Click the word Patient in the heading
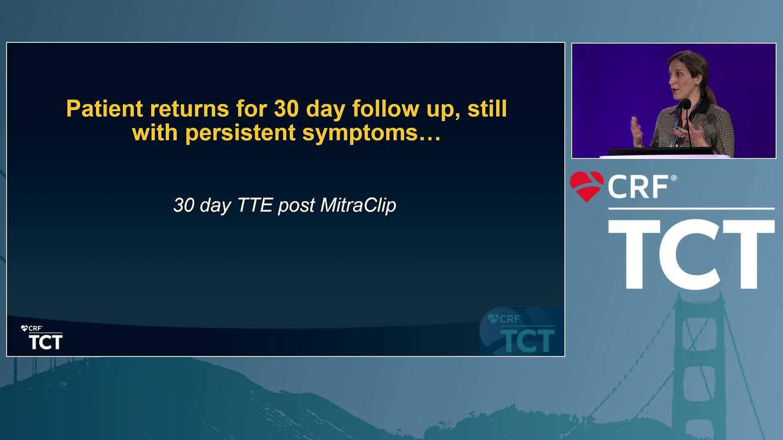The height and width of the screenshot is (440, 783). [105, 109]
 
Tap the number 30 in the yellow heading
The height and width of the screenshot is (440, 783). [286, 109]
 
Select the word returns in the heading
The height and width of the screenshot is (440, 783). [189, 109]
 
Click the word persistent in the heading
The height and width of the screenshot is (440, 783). [240, 133]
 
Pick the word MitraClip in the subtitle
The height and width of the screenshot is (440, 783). [358, 205]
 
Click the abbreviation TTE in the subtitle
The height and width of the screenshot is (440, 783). [255, 205]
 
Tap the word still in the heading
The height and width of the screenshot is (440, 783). [488, 109]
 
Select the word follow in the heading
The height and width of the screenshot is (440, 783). [385, 109]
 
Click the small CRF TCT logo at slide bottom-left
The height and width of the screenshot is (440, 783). [42, 337]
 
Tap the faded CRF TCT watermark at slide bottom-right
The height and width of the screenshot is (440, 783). [521, 332]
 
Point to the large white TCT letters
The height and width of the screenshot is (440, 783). [691, 254]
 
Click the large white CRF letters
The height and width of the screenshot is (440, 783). [638, 187]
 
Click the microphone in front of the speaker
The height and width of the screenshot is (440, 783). [686, 104]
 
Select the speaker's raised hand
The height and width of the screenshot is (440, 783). [637, 131]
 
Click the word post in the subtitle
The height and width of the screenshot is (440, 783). [296, 206]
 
